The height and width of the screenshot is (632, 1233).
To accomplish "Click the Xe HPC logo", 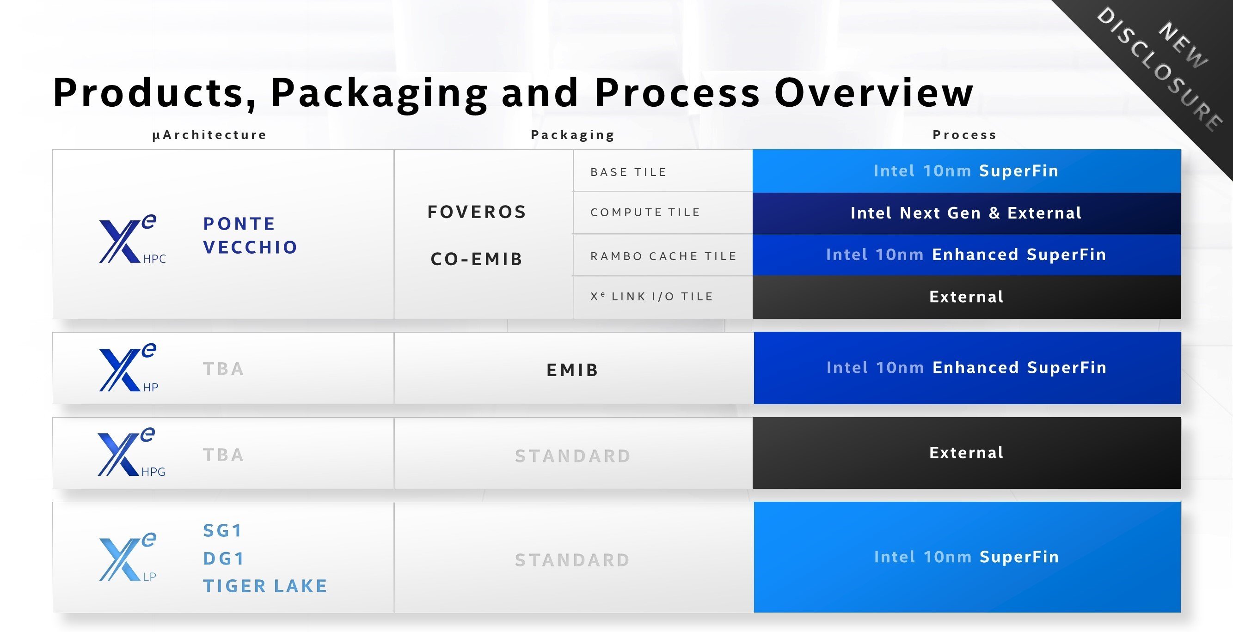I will coord(132,239).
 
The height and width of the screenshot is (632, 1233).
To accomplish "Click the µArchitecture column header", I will coord(209,135).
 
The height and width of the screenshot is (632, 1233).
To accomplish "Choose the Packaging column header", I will coord(572,135).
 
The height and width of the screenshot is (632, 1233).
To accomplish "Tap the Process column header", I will coord(964,135).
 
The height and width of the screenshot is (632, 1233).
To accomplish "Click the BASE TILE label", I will coord(628,172).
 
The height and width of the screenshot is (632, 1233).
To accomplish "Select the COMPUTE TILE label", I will coord(645,213).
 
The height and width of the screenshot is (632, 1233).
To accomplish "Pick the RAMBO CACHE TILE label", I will coord(663,256).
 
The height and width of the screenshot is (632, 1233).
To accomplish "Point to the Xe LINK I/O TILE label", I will coord(651,297).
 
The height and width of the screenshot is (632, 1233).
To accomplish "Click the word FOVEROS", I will coord(477,212).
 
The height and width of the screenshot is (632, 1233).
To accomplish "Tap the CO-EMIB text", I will coord(477,259).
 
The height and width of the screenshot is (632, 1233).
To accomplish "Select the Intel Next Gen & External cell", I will coord(966,213).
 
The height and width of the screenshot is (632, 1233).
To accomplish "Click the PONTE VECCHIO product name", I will coord(250,236).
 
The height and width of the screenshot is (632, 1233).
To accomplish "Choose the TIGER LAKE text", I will coord(265,586).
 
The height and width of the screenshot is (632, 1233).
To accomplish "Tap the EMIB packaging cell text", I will coord(572,370).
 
